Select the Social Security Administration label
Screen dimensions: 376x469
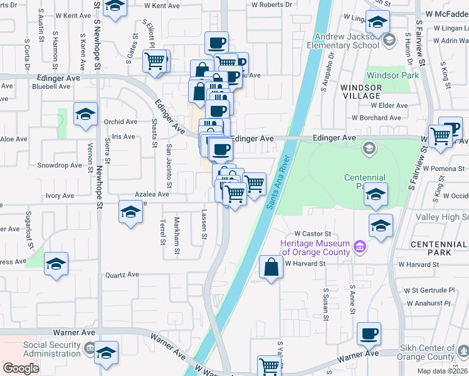tap(52, 349)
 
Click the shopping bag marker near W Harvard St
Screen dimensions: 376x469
tap(270, 268)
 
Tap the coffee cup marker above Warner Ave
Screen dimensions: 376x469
tap(369, 333)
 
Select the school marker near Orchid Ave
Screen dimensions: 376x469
tap(86, 115)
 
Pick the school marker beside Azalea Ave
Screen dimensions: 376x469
tap(130, 212)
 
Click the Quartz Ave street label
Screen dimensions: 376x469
tap(122, 274)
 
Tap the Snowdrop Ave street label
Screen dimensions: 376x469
tap(60, 165)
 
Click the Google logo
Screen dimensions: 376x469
tap(21, 368)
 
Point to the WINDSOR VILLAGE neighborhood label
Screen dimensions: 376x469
tap(361, 91)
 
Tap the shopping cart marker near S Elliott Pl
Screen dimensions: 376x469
tap(155, 61)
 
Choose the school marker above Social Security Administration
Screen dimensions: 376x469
tap(107, 352)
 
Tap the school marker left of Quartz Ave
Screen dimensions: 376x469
tap(56, 264)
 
